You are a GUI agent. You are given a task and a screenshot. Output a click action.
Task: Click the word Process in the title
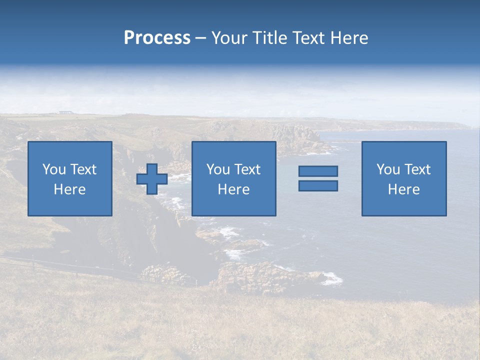tap(157, 38)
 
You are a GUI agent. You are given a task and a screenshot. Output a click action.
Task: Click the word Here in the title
tap(349, 38)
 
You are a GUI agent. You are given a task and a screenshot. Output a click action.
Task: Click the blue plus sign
tap(152, 179)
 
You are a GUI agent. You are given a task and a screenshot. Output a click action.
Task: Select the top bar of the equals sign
tap(318, 171)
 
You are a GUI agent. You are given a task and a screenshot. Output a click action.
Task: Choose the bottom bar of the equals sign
tap(318, 185)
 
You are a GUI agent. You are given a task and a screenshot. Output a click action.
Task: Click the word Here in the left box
tap(69, 189)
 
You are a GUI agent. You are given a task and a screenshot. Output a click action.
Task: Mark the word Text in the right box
tap(418, 169)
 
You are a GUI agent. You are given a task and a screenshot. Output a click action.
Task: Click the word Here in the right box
tap(403, 189)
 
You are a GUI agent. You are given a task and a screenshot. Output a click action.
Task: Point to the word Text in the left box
tap(83, 169)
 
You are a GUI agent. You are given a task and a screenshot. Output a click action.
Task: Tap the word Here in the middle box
tap(233, 189)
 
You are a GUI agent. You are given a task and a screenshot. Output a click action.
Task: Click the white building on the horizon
tap(64, 112)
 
